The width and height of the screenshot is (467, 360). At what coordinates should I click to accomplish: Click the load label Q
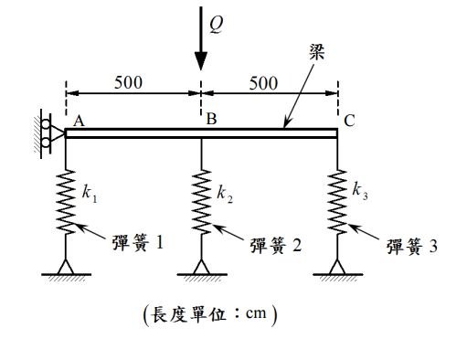pos(215,26)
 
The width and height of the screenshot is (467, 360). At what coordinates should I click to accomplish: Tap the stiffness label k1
pos(88,193)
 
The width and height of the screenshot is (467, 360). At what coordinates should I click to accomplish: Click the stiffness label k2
pos(224,194)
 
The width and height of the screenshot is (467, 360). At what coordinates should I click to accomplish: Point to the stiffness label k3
pos(359,192)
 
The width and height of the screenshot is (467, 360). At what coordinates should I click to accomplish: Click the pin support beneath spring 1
pos(66,266)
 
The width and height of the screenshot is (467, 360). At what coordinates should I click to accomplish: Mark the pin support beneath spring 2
pos(202,266)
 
